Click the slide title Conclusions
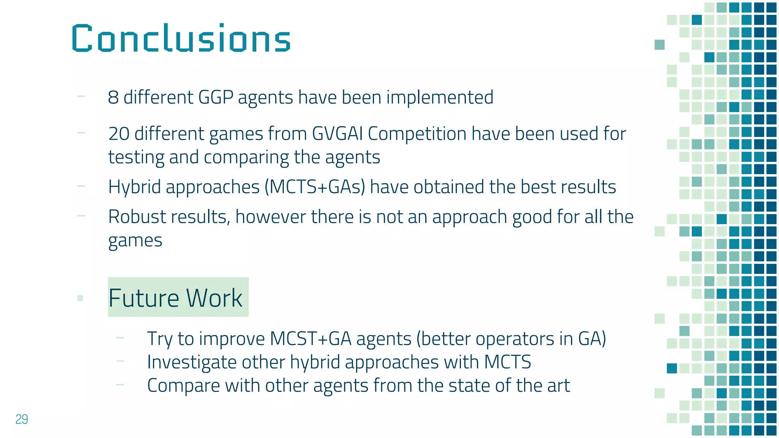(181, 38)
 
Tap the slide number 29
(22, 419)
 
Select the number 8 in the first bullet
(113, 97)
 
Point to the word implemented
(440, 97)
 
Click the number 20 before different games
(119, 134)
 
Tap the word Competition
(417, 134)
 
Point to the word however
(270, 217)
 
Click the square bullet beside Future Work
(80, 298)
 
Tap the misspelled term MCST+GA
(310, 338)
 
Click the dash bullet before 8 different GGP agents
(81, 97)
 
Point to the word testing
(136, 157)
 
